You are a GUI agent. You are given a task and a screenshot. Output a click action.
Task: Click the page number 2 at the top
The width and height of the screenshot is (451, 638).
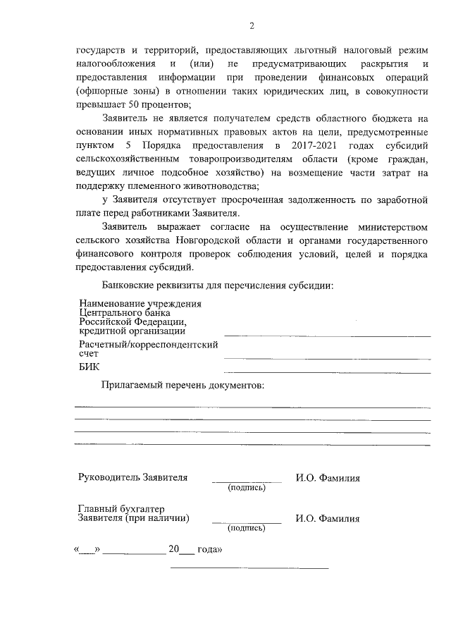252,26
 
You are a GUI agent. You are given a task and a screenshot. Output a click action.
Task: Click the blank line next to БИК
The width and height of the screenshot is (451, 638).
327,372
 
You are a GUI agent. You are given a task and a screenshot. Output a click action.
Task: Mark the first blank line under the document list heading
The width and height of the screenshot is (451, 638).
252,407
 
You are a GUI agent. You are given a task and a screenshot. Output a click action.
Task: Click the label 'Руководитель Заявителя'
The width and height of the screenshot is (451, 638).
132,477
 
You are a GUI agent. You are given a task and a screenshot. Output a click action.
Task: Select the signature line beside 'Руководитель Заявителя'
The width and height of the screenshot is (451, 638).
246,481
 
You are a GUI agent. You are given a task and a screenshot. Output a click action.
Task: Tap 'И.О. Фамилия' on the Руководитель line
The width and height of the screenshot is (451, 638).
328,478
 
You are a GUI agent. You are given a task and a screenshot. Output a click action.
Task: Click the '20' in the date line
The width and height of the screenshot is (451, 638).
173,548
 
